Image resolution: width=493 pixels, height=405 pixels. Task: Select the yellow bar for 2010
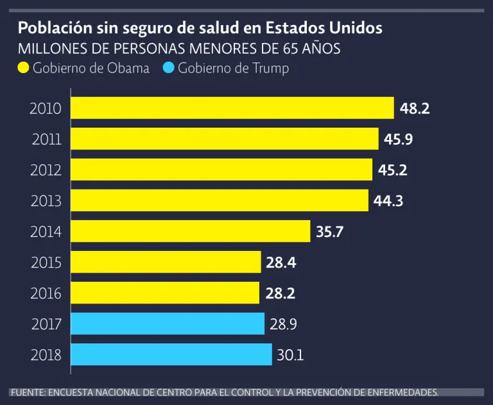232,108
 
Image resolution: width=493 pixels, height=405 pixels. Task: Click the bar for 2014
190,231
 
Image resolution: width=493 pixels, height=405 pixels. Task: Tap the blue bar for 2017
168,323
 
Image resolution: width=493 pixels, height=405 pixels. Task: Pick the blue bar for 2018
171,354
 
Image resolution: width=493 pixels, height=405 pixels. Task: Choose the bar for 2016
165,293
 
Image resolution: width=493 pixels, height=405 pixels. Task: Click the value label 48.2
415,108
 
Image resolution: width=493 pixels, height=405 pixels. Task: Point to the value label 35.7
330,232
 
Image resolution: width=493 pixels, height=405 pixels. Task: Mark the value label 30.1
291,355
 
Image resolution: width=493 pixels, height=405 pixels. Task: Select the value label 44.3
388,201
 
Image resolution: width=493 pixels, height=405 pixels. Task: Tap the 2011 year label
46,139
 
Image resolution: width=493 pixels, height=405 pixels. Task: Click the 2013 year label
46,201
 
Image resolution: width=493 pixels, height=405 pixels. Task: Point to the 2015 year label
46,263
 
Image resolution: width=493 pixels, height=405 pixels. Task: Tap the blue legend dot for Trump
168,68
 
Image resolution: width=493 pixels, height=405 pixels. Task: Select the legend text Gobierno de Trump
234,68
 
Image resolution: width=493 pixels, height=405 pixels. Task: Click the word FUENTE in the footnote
26,392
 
